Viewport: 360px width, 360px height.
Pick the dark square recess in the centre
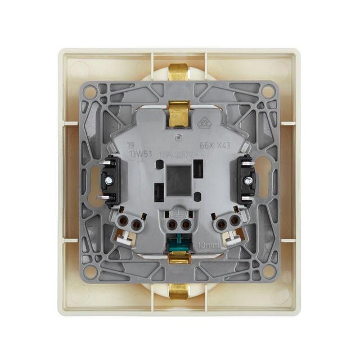[x=179, y=179]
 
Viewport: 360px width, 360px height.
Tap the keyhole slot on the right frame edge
[x=267, y=181]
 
